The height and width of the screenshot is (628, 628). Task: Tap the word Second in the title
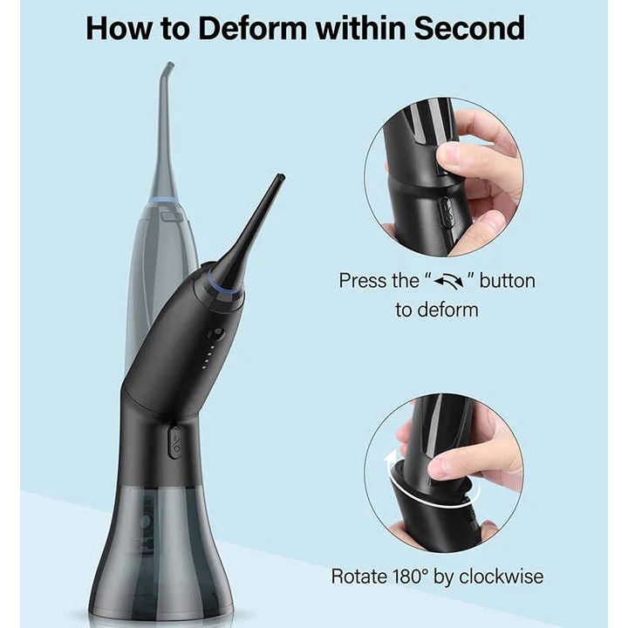[468, 28]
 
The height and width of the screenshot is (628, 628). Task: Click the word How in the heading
[119, 28]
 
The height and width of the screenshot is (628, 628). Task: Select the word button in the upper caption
[507, 281]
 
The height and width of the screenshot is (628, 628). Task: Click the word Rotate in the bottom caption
[358, 577]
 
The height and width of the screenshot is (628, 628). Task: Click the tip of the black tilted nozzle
[279, 178]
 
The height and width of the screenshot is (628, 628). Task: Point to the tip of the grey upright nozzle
[168, 65]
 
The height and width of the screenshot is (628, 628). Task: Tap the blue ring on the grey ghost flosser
[164, 201]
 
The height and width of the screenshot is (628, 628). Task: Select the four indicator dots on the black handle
[206, 358]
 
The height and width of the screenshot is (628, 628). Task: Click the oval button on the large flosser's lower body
[175, 443]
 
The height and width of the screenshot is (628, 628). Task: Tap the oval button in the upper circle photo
[445, 212]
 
